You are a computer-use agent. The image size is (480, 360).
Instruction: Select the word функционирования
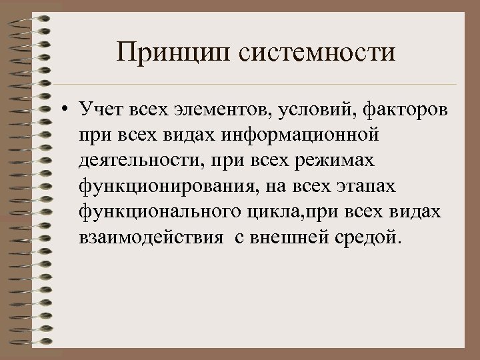pyautogui.click(x=157, y=187)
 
